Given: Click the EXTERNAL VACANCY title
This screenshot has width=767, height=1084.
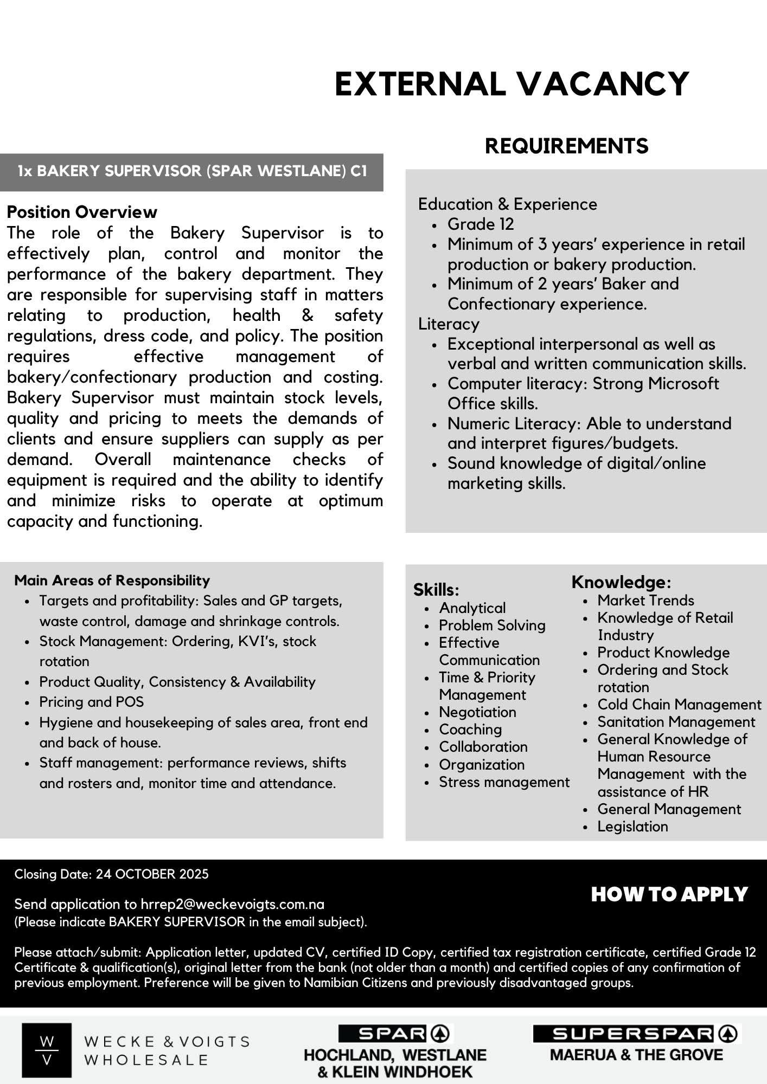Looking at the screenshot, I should (x=512, y=84).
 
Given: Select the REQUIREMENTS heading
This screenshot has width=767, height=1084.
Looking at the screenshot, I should (x=566, y=146).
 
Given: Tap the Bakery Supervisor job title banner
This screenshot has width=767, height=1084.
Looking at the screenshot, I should (x=192, y=171).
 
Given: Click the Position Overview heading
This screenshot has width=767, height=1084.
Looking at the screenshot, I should (x=82, y=212).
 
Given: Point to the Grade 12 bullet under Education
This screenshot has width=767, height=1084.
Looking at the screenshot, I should (x=480, y=224).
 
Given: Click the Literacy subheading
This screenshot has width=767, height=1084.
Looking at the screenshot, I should (x=449, y=324).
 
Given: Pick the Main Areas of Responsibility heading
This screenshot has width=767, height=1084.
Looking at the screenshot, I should (x=112, y=580).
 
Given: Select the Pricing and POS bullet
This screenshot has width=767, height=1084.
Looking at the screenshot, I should (x=91, y=702).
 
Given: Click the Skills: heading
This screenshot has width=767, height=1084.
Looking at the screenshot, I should (x=436, y=590).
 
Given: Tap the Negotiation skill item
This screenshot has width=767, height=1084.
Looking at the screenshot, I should (x=477, y=712).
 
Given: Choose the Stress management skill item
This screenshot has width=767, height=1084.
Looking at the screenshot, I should (x=504, y=782).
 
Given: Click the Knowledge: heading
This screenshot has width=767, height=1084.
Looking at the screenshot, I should (x=621, y=582).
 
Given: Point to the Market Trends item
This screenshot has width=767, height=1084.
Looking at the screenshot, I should (x=645, y=601).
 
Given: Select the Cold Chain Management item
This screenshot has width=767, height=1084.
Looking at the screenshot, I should (x=679, y=705).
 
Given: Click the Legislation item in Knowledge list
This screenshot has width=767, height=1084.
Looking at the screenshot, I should (x=632, y=827).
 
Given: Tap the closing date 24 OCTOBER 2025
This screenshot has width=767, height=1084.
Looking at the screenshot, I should (x=152, y=874).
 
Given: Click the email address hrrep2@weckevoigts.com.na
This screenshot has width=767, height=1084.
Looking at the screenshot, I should (x=232, y=904).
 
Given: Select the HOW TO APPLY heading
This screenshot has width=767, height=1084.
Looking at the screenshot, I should (x=669, y=894).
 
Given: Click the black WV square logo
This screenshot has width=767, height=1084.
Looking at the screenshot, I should (x=47, y=1050).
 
